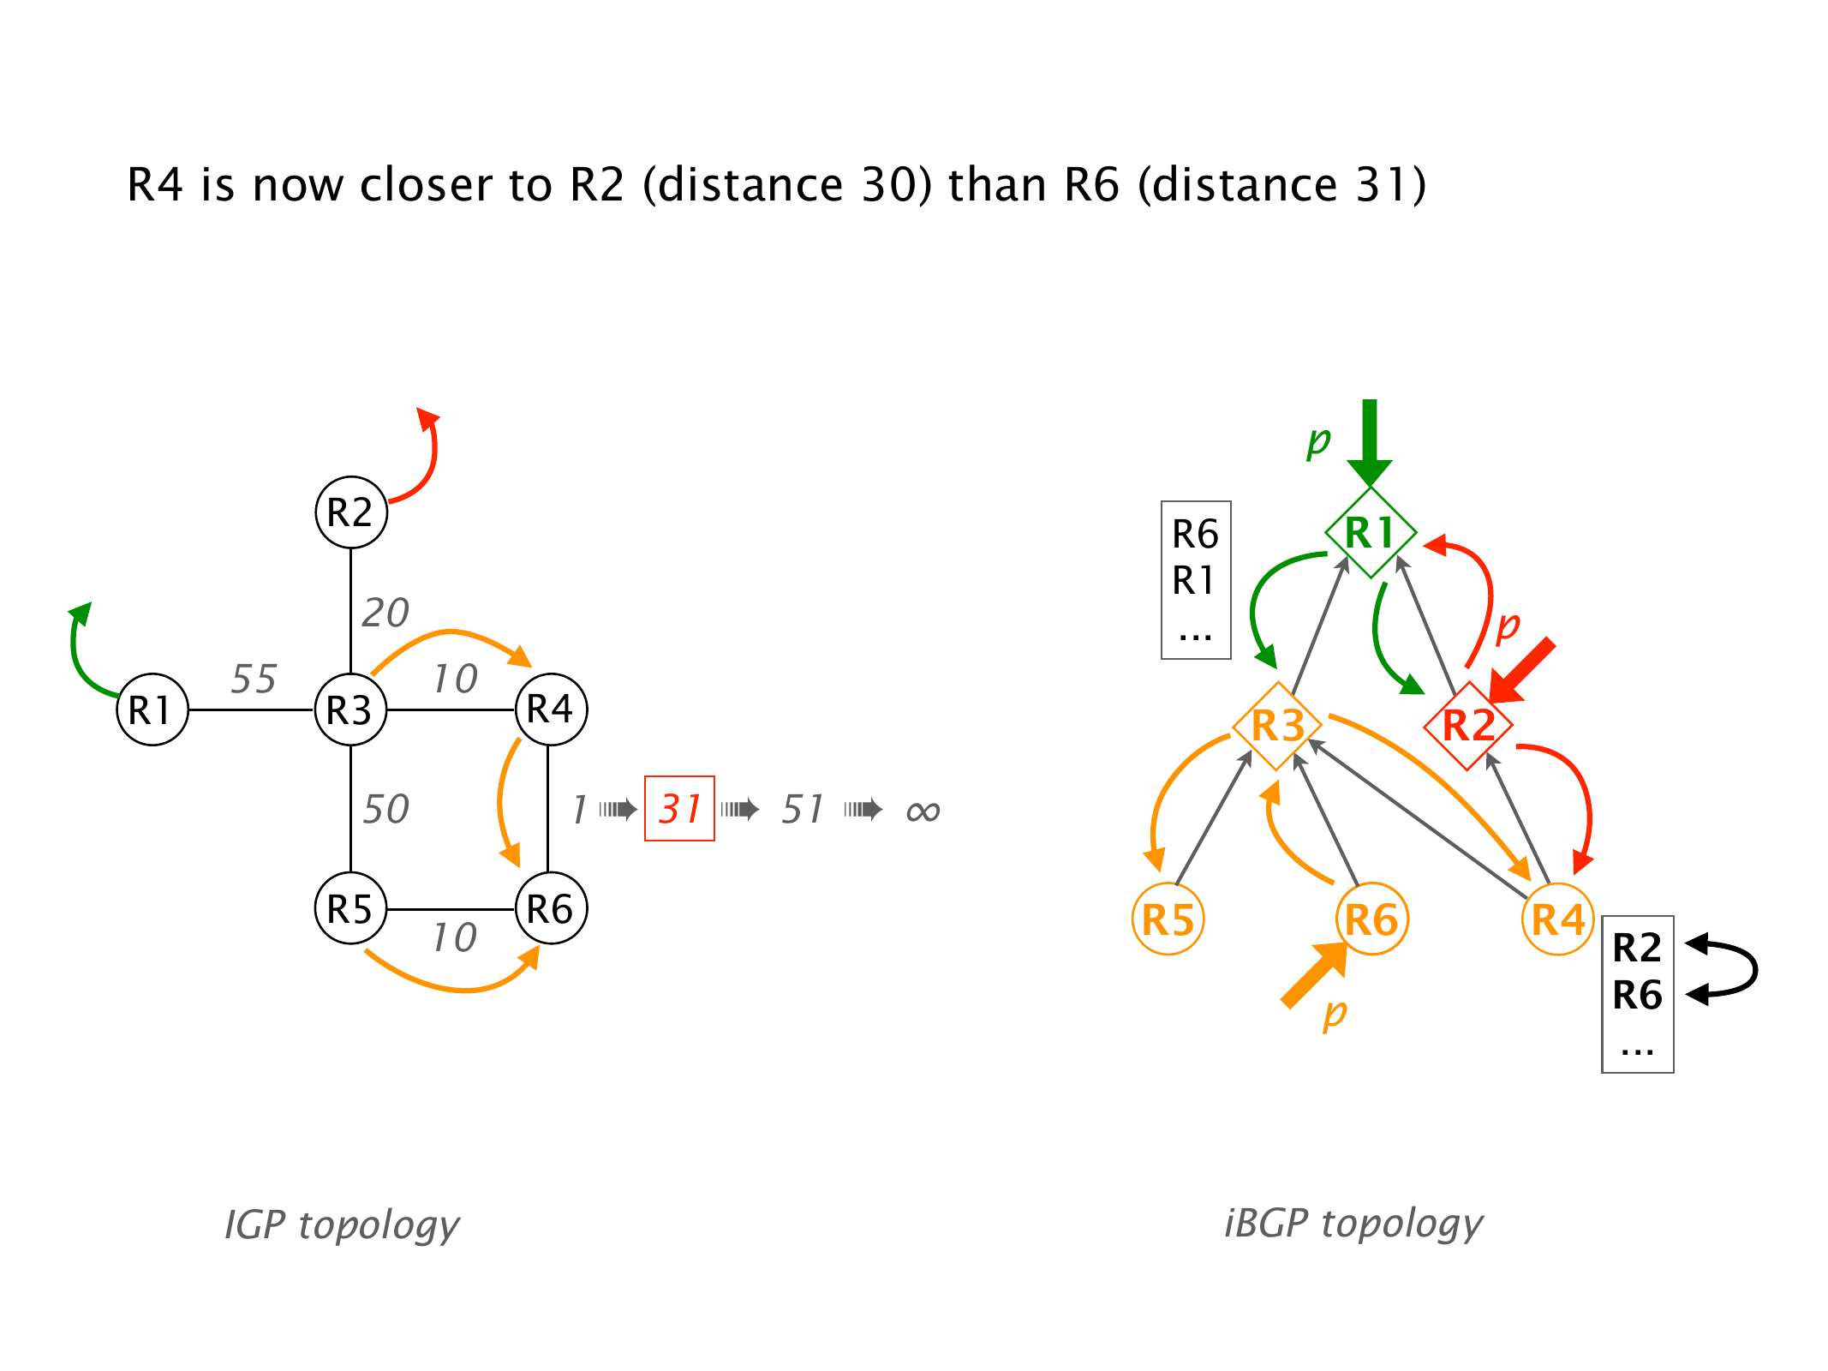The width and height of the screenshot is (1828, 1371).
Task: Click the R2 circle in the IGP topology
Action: (x=351, y=512)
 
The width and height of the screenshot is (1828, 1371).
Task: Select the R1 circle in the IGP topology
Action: (x=152, y=709)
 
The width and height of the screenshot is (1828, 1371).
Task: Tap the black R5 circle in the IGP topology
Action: (x=351, y=908)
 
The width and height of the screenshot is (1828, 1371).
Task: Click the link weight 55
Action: (x=254, y=679)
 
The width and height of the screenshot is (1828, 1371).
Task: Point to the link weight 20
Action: (x=385, y=613)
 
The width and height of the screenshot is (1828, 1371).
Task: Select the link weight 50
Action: (x=385, y=809)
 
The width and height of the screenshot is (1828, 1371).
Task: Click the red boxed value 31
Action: (x=679, y=809)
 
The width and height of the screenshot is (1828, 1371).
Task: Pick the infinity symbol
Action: (x=923, y=811)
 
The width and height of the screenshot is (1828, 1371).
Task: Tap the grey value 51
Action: (x=802, y=809)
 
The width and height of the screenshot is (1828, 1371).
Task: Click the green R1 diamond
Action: (x=1371, y=532)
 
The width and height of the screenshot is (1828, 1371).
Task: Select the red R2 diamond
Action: (x=1468, y=726)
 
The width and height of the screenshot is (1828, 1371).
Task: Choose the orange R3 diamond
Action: (x=1277, y=726)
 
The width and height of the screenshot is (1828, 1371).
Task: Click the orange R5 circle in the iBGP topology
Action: (x=1168, y=919)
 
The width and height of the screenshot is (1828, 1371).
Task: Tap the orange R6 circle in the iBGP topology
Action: (x=1371, y=919)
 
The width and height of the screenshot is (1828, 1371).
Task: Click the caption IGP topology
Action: (x=342, y=1224)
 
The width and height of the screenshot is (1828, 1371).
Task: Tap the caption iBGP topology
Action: (x=1353, y=1223)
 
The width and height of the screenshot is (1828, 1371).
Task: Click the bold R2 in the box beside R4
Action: (x=1637, y=948)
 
